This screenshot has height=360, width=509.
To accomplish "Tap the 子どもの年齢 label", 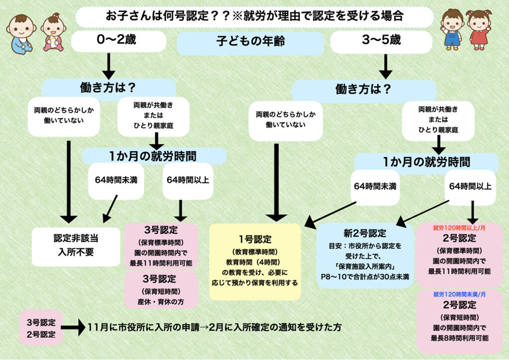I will click(250, 43).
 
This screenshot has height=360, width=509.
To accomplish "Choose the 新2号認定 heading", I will click(366, 234).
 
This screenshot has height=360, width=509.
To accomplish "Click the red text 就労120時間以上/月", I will click(459, 227).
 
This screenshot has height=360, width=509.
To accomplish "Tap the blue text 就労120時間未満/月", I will click(459, 295).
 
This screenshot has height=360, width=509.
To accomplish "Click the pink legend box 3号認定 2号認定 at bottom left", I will click(41, 327).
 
